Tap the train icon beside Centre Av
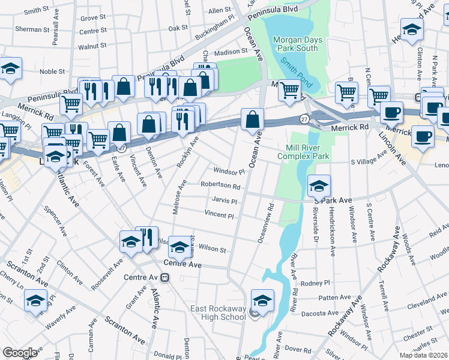point(164,278)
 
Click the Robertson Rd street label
point(220,187)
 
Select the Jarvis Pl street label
point(224,200)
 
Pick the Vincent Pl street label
point(218,214)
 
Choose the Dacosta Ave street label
point(320,313)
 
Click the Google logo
point(20,353)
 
